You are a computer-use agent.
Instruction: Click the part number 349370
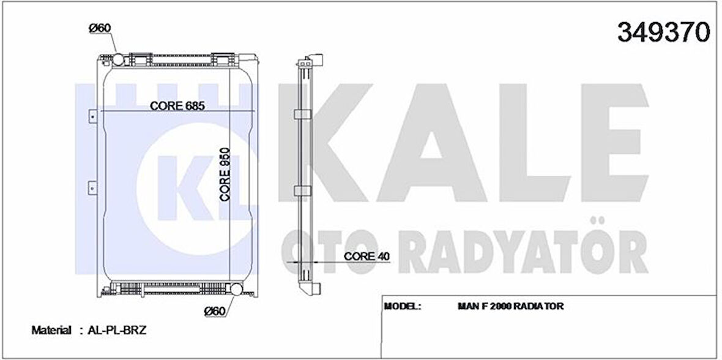(x=663, y=32)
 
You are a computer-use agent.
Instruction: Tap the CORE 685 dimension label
(x=177, y=105)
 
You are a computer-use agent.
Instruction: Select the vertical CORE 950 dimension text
(x=225, y=174)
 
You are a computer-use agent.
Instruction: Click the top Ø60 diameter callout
(x=99, y=28)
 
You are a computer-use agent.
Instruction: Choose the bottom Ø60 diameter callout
(x=214, y=311)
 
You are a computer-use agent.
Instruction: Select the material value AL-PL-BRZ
(x=117, y=330)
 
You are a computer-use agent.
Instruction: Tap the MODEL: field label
(x=403, y=306)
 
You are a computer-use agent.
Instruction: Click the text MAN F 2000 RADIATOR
(x=510, y=306)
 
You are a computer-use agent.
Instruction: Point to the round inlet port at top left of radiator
(x=116, y=59)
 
